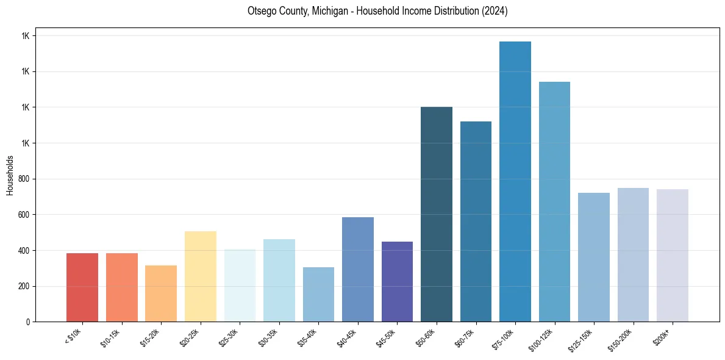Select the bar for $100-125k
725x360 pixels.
[x=554, y=201]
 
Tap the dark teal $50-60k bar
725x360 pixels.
[x=437, y=214]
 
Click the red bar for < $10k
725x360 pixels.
[x=82, y=287]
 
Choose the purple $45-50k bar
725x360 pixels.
[x=397, y=281]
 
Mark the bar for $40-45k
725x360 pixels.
[x=358, y=269]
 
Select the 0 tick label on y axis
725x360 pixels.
[x=29, y=322]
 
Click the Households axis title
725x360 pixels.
[x=10, y=175]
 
